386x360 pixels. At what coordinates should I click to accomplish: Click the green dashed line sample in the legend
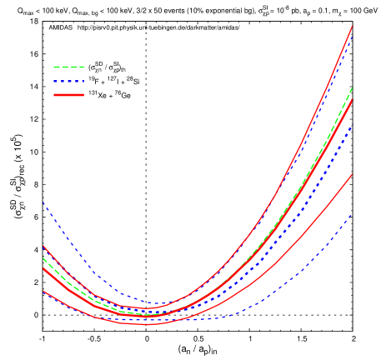point(68,67)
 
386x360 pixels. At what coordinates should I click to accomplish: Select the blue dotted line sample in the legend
point(68,82)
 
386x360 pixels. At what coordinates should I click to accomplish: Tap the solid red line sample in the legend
point(68,95)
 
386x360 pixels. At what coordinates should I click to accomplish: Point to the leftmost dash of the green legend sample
point(57,67)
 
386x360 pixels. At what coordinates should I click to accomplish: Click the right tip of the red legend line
point(84,95)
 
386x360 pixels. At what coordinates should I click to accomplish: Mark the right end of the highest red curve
point(353,26)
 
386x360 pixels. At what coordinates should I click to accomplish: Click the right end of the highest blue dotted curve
point(353,34)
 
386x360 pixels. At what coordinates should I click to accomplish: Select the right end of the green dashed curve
point(353,87)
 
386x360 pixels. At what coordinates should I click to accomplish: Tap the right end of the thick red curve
point(353,100)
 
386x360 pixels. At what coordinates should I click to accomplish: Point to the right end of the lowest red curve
point(353,174)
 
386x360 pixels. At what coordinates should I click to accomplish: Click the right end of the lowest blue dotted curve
point(353,214)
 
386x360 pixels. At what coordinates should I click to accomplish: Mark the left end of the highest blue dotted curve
point(43,202)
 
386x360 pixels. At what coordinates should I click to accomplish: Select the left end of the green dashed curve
point(43,258)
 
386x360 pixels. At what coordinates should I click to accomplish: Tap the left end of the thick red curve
point(43,268)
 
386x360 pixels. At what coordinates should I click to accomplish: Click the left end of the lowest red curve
point(43,292)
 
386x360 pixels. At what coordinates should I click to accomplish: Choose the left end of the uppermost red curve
point(43,246)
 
